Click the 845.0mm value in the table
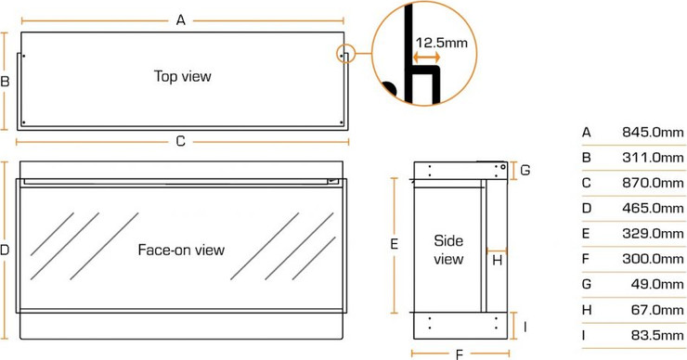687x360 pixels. (x=653, y=132)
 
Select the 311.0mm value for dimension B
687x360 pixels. (x=653, y=157)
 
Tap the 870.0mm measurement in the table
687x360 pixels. (x=653, y=183)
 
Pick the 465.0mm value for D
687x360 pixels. (x=653, y=208)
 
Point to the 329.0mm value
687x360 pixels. (x=653, y=234)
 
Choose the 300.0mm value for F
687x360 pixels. (x=653, y=259)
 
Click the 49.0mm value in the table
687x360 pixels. (x=657, y=284)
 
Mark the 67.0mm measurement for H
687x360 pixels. (x=657, y=310)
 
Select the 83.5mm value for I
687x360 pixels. (x=657, y=335)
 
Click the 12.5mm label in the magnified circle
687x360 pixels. (x=442, y=43)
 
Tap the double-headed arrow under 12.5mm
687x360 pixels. (x=427, y=57)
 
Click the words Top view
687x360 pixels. (x=183, y=76)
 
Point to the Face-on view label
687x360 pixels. (x=181, y=250)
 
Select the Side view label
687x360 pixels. (x=448, y=250)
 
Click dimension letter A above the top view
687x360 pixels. (x=180, y=20)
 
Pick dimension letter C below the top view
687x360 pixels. (x=180, y=141)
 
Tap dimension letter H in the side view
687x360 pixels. (x=498, y=261)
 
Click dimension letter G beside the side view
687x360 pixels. (x=525, y=170)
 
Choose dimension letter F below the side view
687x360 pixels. (x=460, y=354)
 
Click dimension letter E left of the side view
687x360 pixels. (x=394, y=244)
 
